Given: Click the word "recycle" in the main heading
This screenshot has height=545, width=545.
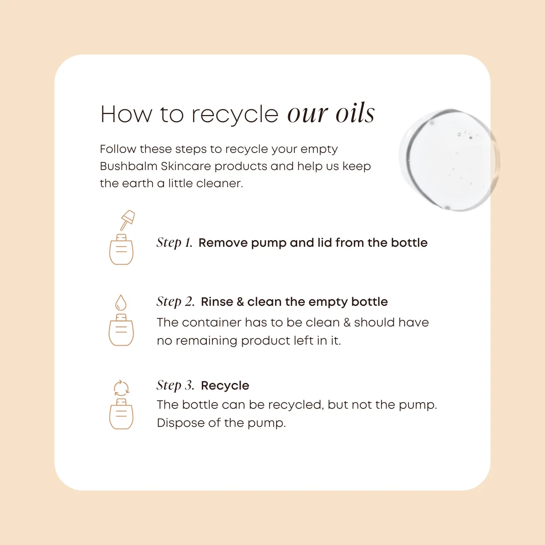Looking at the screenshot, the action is [x=235, y=115].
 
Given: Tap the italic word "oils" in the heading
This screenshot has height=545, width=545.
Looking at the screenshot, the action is [x=355, y=113].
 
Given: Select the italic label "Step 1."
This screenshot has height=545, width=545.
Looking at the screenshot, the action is [x=175, y=243].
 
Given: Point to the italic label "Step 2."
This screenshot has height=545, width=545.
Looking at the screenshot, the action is [x=176, y=302].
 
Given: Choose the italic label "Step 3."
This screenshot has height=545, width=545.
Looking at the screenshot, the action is [x=176, y=386].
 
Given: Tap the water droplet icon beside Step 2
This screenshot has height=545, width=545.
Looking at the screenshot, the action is [x=121, y=302].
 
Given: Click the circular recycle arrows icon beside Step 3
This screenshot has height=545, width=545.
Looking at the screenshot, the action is [x=122, y=388].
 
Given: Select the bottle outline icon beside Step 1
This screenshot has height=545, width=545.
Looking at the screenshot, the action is [x=121, y=249].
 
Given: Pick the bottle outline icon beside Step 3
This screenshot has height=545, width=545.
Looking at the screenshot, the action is [x=121, y=414].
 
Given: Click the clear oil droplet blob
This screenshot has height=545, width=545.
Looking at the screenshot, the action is [x=449, y=160].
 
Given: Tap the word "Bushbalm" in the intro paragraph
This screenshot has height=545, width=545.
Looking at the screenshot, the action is [x=129, y=166].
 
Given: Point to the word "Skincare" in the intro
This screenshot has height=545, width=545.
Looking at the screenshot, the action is [x=186, y=166].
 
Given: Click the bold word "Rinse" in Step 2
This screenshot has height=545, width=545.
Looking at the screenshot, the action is [x=217, y=302].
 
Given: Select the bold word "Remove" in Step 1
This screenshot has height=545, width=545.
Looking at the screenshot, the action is [x=223, y=243].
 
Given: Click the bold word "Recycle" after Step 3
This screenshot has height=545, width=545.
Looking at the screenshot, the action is [x=225, y=386].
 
